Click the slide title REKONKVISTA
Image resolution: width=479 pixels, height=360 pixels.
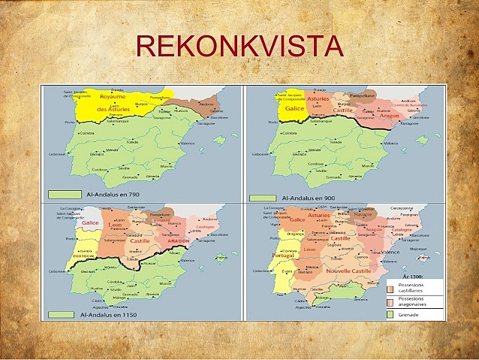click(x=239, y=46)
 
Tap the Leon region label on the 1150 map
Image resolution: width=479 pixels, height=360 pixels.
click(x=115, y=225)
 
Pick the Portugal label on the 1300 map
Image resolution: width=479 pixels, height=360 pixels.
click(x=282, y=255)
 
